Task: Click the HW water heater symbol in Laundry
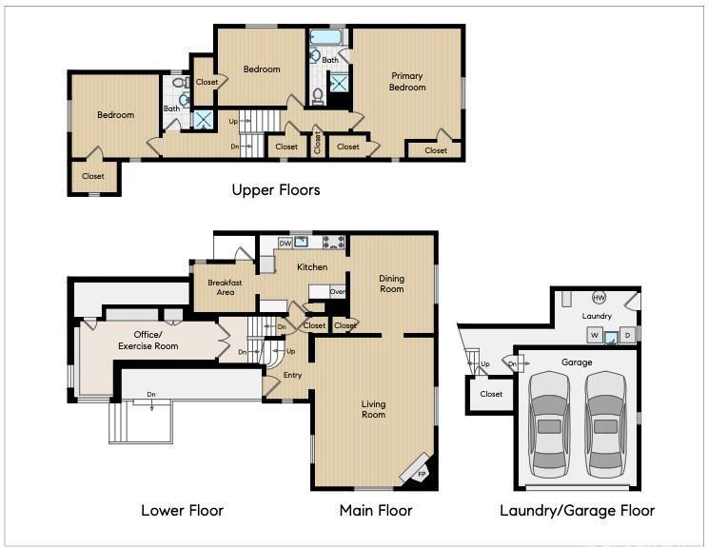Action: [x=599, y=298]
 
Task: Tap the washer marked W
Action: [x=595, y=336]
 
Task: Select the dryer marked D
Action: [x=627, y=335]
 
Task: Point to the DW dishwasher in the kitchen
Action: [x=285, y=244]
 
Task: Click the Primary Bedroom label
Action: [x=407, y=81]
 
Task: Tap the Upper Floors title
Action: [x=276, y=190]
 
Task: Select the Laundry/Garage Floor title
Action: [x=577, y=511]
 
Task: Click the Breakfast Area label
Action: [x=225, y=287]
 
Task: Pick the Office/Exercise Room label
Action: [x=148, y=341]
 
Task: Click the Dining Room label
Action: [x=391, y=284]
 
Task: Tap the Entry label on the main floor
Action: [x=292, y=375]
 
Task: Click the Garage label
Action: [x=577, y=362]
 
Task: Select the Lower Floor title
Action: [x=183, y=511]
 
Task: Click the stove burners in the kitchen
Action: [x=334, y=243]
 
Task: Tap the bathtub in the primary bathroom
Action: [x=326, y=37]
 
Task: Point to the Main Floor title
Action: [x=376, y=511]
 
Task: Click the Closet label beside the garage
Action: [x=491, y=394]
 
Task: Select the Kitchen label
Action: [x=312, y=267]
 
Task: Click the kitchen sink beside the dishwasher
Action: [x=301, y=243]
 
